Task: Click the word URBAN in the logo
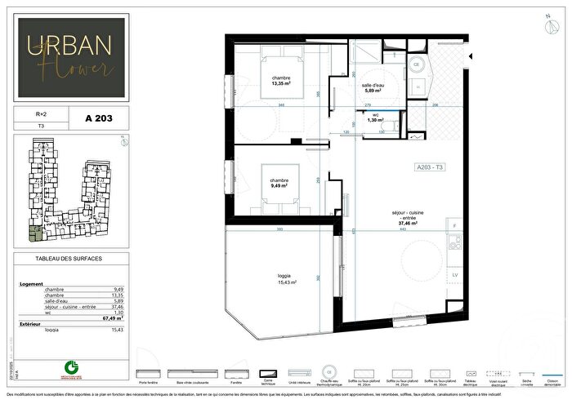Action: click(69, 48)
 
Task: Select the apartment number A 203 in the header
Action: click(98, 118)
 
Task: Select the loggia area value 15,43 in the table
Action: click(118, 330)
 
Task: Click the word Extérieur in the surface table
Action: click(31, 323)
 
